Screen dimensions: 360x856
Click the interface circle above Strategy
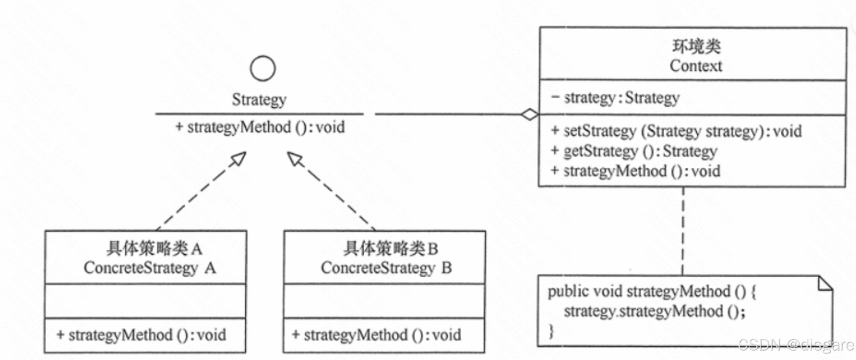pyautogui.click(x=263, y=69)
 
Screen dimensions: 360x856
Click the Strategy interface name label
pyautogui.click(x=259, y=100)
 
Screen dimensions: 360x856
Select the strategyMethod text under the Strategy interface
pyautogui.click(x=260, y=127)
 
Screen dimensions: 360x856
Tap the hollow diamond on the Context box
pyautogui.click(x=530, y=114)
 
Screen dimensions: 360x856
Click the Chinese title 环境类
pyautogui.click(x=696, y=46)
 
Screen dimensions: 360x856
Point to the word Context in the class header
pyautogui.click(x=696, y=66)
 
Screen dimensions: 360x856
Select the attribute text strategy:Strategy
pyautogui.click(x=616, y=98)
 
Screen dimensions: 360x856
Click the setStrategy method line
pyautogui.click(x=676, y=131)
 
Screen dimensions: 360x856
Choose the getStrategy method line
pyautogui.click(x=634, y=151)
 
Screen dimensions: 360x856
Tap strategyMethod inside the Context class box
pyautogui.click(x=635, y=171)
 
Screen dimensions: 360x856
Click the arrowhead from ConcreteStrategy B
pyautogui.click(x=295, y=159)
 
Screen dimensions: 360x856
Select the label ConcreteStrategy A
pyautogui.click(x=149, y=268)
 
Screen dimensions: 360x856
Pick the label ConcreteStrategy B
pyautogui.click(x=386, y=268)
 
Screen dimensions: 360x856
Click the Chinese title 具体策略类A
pyautogui.click(x=154, y=248)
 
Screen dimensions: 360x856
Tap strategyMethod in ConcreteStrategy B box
pyautogui.click(x=377, y=335)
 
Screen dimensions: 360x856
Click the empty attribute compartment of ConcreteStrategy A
pyautogui.click(x=146, y=301)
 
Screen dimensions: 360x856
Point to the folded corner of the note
pyautogui.click(x=825, y=283)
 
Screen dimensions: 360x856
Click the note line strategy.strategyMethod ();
pyautogui.click(x=654, y=311)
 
